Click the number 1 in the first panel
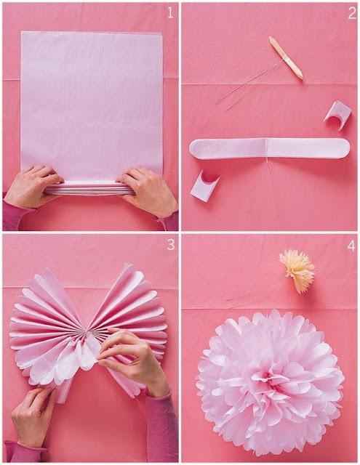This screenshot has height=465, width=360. point(169,12)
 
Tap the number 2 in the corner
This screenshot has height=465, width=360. point(351,12)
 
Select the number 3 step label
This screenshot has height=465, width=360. point(170,245)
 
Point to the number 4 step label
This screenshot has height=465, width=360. point(351,246)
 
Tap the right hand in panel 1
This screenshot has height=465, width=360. point(148,190)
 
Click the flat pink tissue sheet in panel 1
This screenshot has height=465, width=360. point(91,102)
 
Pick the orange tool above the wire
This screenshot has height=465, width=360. point(285,58)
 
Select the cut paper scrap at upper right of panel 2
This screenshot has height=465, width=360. point(337,113)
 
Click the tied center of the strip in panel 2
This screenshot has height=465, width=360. point(267,147)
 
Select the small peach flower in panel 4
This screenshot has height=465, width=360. point(297,269)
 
